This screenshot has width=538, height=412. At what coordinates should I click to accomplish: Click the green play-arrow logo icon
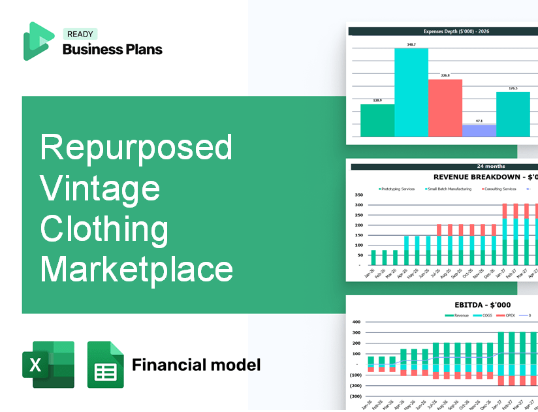pyautogui.click(x=39, y=41)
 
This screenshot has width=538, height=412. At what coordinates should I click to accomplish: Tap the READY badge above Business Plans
pyautogui.click(x=80, y=34)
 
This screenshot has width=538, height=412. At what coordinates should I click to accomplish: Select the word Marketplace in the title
pyautogui.click(x=137, y=268)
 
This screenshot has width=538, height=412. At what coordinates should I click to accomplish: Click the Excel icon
pyautogui.click(x=48, y=364)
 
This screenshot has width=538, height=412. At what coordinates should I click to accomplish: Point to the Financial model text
pyautogui.click(x=196, y=364)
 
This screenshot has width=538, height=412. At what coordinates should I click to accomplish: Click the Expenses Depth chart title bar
pyautogui.click(x=442, y=30)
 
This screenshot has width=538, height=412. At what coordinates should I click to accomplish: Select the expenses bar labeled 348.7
pyautogui.click(x=411, y=92)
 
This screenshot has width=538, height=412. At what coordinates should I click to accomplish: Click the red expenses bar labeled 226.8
pyautogui.click(x=445, y=108)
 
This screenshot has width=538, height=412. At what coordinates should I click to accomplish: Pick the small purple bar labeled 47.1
pyautogui.click(x=479, y=131)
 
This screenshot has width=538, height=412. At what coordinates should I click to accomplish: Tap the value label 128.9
pyautogui.click(x=377, y=101)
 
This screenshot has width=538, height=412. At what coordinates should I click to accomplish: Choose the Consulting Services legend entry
pyautogui.click(x=499, y=189)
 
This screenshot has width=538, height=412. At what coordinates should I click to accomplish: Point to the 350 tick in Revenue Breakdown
pyautogui.click(x=358, y=195)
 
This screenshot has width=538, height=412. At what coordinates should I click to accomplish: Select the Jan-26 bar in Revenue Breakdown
pyautogui.click(x=373, y=258)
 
